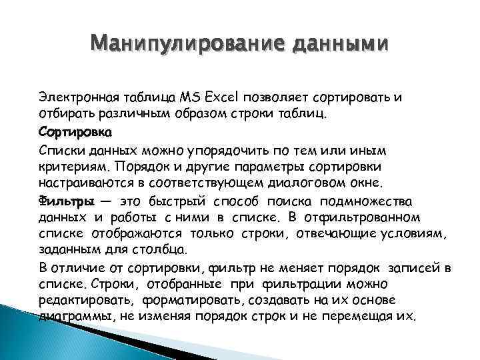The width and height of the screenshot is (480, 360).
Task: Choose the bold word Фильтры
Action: [x=65, y=201]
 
